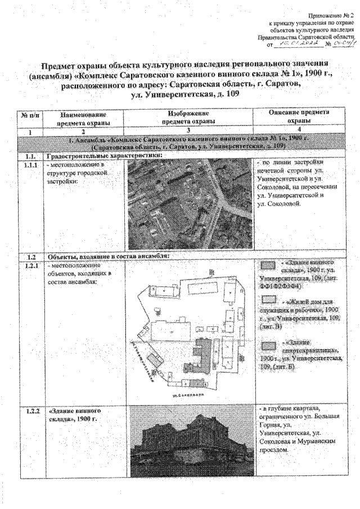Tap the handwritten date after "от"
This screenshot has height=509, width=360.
pyautogui.click(x=304, y=42)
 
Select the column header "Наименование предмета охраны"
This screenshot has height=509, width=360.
pyautogui.click(x=83, y=116)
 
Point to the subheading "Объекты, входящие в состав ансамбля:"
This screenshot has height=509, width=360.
pyautogui.click(x=110, y=256)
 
